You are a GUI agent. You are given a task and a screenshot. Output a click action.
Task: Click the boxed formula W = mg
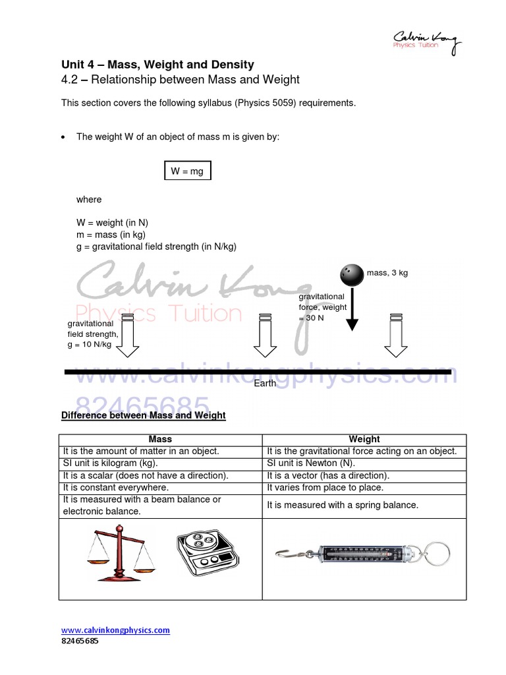click(188, 171)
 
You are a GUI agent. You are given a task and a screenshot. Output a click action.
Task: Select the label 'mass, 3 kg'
click(387, 273)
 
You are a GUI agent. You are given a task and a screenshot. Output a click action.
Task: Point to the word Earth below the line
click(265, 384)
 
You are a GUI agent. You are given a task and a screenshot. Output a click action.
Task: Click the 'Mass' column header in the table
click(160, 439)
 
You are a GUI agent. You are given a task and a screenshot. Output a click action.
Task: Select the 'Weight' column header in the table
click(364, 439)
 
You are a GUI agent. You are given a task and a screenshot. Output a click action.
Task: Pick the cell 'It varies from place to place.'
click(325, 488)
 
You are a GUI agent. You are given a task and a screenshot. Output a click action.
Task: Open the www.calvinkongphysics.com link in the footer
click(115, 630)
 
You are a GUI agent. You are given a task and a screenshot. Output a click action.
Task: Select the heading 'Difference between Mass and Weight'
click(143, 416)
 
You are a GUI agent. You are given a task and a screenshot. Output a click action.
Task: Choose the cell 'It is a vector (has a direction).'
click(328, 475)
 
